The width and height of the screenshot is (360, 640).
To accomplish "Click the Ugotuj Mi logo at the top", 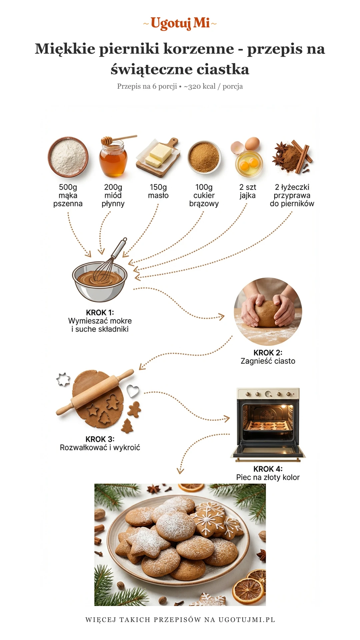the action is tap(180, 23).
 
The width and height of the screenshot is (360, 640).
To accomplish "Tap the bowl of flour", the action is tap(68, 157).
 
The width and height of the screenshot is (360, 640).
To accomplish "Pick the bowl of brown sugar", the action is tap(204, 157).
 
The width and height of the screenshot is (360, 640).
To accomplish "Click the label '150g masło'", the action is tap(158, 191).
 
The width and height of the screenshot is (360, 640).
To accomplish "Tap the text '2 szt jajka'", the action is tap(248, 191).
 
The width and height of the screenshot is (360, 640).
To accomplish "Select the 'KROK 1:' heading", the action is tap(100, 313).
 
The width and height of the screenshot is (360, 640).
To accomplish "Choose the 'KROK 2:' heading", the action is tap(268, 353).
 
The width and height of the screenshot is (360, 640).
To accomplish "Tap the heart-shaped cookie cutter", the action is tap(133, 391).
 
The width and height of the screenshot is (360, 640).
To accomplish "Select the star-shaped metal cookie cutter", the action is tap(63, 379).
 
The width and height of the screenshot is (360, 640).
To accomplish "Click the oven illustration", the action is tap(268, 424).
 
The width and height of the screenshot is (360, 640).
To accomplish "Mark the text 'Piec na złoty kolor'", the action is tap(268, 477).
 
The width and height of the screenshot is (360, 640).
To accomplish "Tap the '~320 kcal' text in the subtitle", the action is tap(200, 86).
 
